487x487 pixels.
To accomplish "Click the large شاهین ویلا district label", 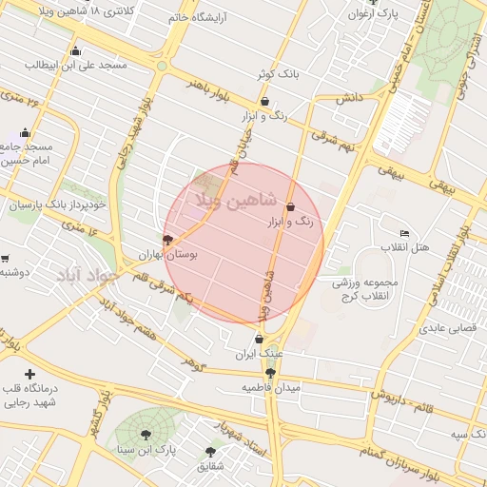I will (235, 201).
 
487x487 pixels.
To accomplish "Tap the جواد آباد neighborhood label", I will (86, 276).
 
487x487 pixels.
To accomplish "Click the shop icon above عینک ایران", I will (259, 339).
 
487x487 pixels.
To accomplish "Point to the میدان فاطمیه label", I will (270, 388).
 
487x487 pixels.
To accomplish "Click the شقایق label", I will (210, 467).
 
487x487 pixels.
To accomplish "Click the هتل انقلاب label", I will (405, 247).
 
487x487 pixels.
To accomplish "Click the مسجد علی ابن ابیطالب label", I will (76, 65).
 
